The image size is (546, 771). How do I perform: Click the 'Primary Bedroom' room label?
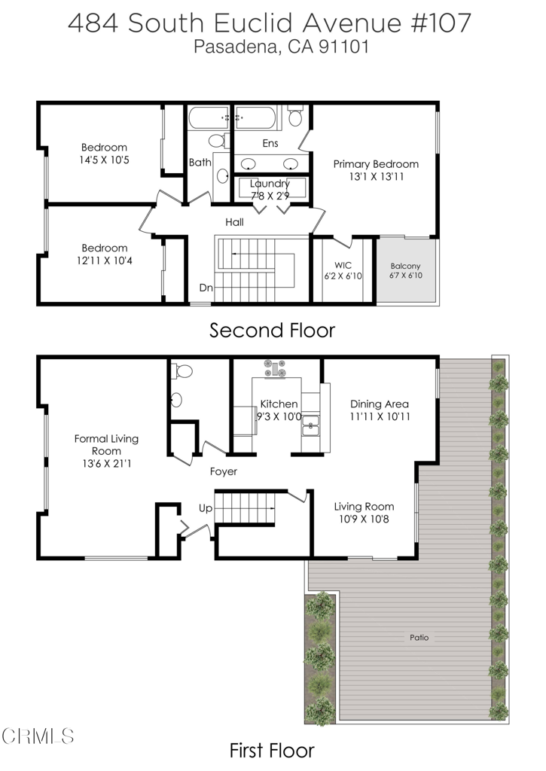click(376, 163)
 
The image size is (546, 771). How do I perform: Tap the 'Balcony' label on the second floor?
click(405, 266)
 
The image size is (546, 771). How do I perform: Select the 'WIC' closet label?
click(334, 265)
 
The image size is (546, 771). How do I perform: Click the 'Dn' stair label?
click(206, 288)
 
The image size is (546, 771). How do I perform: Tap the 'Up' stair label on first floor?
click(206, 508)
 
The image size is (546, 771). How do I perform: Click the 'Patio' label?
click(419, 637)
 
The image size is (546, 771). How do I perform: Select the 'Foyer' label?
click(224, 472)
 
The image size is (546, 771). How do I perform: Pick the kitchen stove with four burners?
click(276, 368)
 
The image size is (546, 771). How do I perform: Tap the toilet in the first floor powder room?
click(181, 371)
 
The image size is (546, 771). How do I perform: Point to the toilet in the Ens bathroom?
click(295, 117)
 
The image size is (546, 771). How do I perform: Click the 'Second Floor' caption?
click(272, 330)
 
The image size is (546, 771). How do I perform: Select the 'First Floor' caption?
click(272, 750)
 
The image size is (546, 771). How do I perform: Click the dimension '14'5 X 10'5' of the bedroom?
click(104, 160)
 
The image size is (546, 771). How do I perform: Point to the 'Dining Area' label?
click(379, 404)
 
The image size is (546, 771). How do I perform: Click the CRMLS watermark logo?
click(38, 735)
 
